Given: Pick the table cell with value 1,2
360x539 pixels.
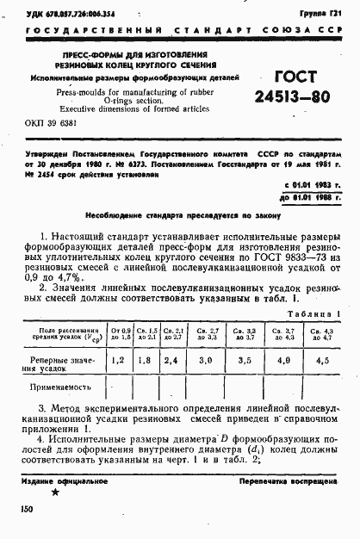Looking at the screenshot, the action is pos(119,358).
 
